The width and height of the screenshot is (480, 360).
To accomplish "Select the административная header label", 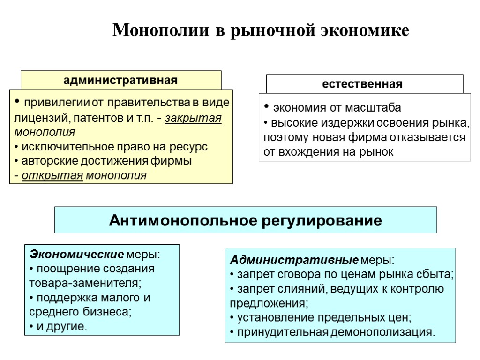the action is coord(120,80).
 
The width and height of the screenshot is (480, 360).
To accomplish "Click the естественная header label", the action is coord(362,84).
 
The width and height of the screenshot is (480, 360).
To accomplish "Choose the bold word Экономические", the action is coord(76,255).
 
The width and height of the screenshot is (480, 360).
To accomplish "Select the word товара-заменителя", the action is coord(85,284).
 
